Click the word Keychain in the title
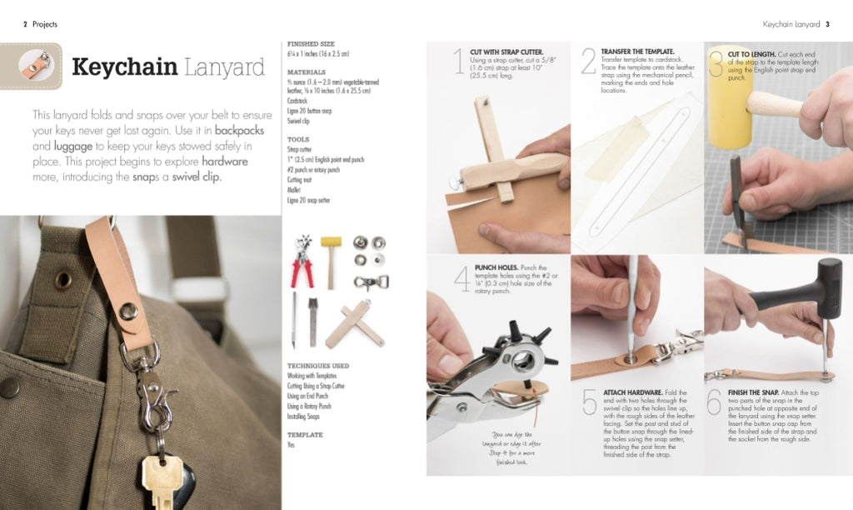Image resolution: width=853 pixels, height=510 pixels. [123, 67]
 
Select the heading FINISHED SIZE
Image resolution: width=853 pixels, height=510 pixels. [310, 43]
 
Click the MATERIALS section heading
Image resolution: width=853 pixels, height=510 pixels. [306, 72]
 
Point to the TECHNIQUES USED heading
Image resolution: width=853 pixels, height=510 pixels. [318, 366]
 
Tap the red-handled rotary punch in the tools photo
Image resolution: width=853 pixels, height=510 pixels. [302, 260]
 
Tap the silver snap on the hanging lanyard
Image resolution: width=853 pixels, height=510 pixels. [129, 311]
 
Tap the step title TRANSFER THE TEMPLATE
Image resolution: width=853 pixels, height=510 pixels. [637, 52]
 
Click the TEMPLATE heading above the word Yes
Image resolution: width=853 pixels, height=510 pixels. [305, 435]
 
